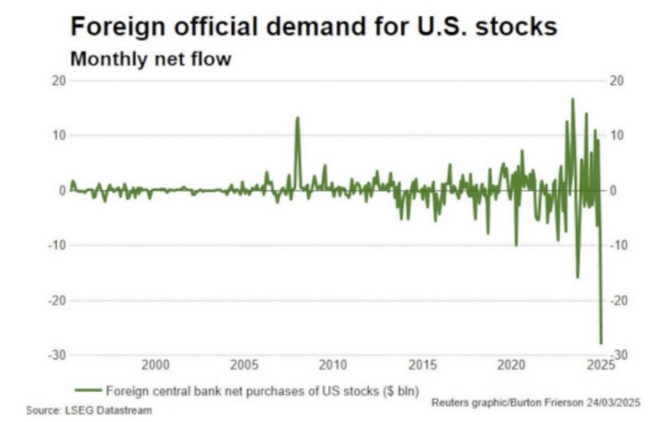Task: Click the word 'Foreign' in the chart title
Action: [x=118, y=26]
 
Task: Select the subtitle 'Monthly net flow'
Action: [x=151, y=59]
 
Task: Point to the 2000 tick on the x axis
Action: [x=155, y=364]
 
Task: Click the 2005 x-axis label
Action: [x=244, y=364]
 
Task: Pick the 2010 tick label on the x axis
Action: [x=333, y=364]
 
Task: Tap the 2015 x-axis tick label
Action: [x=422, y=364]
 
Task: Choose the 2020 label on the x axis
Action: [x=511, y=364]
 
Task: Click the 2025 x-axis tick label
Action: [x=600, y=364]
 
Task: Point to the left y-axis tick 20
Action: [x=59, y=81]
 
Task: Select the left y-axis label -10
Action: [x=57, y=245]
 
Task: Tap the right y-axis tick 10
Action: [x=616, y=135]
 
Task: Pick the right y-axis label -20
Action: [x=618, y=300]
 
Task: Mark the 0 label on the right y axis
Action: [x=613, y=191]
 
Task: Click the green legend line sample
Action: [x=88, y=390]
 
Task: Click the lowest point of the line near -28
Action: [x=601, y=343]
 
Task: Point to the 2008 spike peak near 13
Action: [x=298, y=117]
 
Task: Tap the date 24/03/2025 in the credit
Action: [x=613, y=402]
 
